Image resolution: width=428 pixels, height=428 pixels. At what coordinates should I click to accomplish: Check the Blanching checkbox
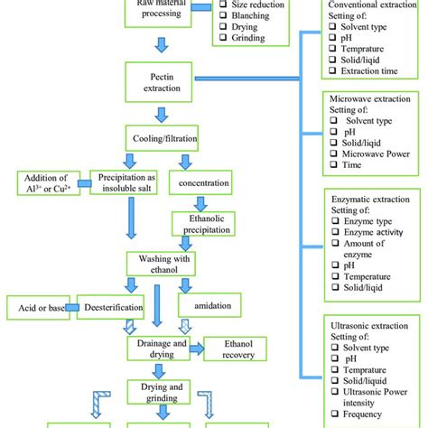pos(224,25)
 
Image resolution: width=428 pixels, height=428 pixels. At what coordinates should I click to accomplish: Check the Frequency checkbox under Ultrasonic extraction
pos(334,418)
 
